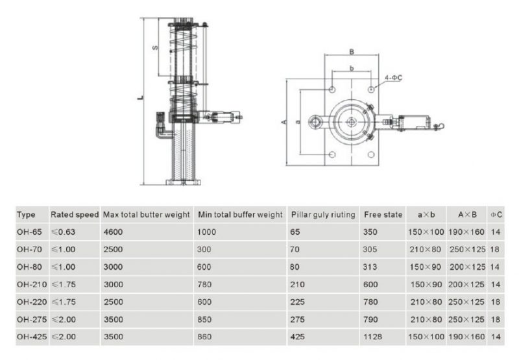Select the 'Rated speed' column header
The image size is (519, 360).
coord(75,214)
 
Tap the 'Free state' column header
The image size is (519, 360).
coord(383,214)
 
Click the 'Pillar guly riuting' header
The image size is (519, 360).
coord(320,214)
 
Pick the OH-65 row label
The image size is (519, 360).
coord(30,232)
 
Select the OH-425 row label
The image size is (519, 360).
coord(32,337)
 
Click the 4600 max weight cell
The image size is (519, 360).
coord(114,232)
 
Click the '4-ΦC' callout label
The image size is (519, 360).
coord(394,77)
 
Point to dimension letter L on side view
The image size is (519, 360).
coord(140,99)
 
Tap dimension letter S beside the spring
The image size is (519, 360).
coord(154,47)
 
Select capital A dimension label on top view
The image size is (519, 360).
coord(285,121)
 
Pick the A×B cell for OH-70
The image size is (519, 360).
coord(466,249)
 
